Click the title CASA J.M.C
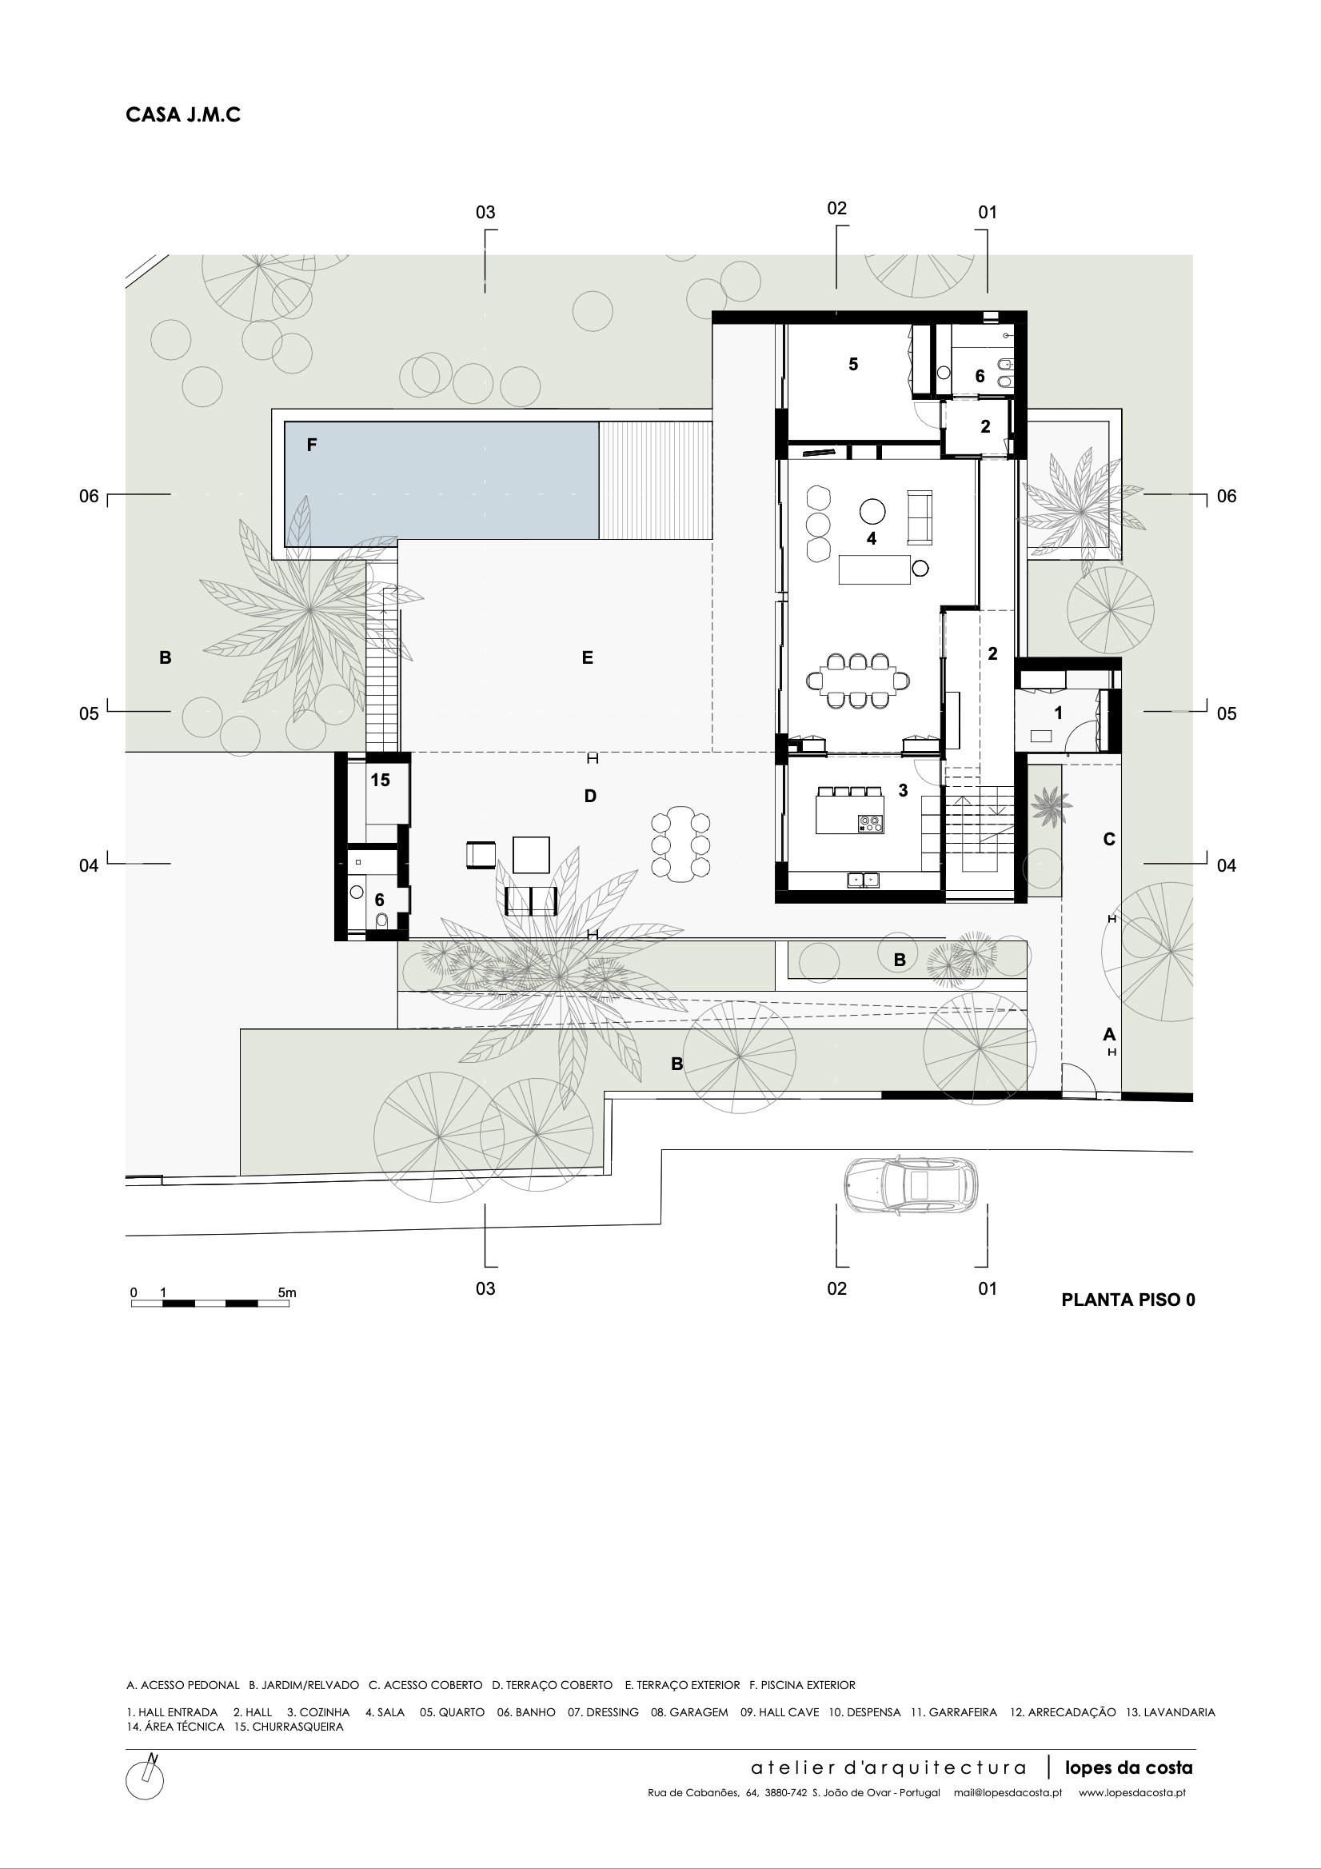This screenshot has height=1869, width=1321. pyautogui.click(x=183, y=115)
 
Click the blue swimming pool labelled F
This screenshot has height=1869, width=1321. pyautogui.click(x=441, y=484)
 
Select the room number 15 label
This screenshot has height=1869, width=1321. pyautogui.click(x=380, y=780)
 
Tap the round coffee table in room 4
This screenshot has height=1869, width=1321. pyautogui.click(x=872, y=511)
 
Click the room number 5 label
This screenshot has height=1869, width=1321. pyautogui.click(x=853, y=364)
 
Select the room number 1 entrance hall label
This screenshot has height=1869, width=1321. pyautogui.click(x=1058, y=713)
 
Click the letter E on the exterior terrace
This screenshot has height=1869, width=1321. pyautogui.click(x=588, y=657)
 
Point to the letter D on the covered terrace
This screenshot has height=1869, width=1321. pyautogui.click(x=590, y=796)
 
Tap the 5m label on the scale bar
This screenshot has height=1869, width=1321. pyautogui.click(x=287, y=1292)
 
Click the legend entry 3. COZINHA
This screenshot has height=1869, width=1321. pyautogui.click(x=318, y=1712)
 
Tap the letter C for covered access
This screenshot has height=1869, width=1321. pyautogui.click(x=1108, y=839)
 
